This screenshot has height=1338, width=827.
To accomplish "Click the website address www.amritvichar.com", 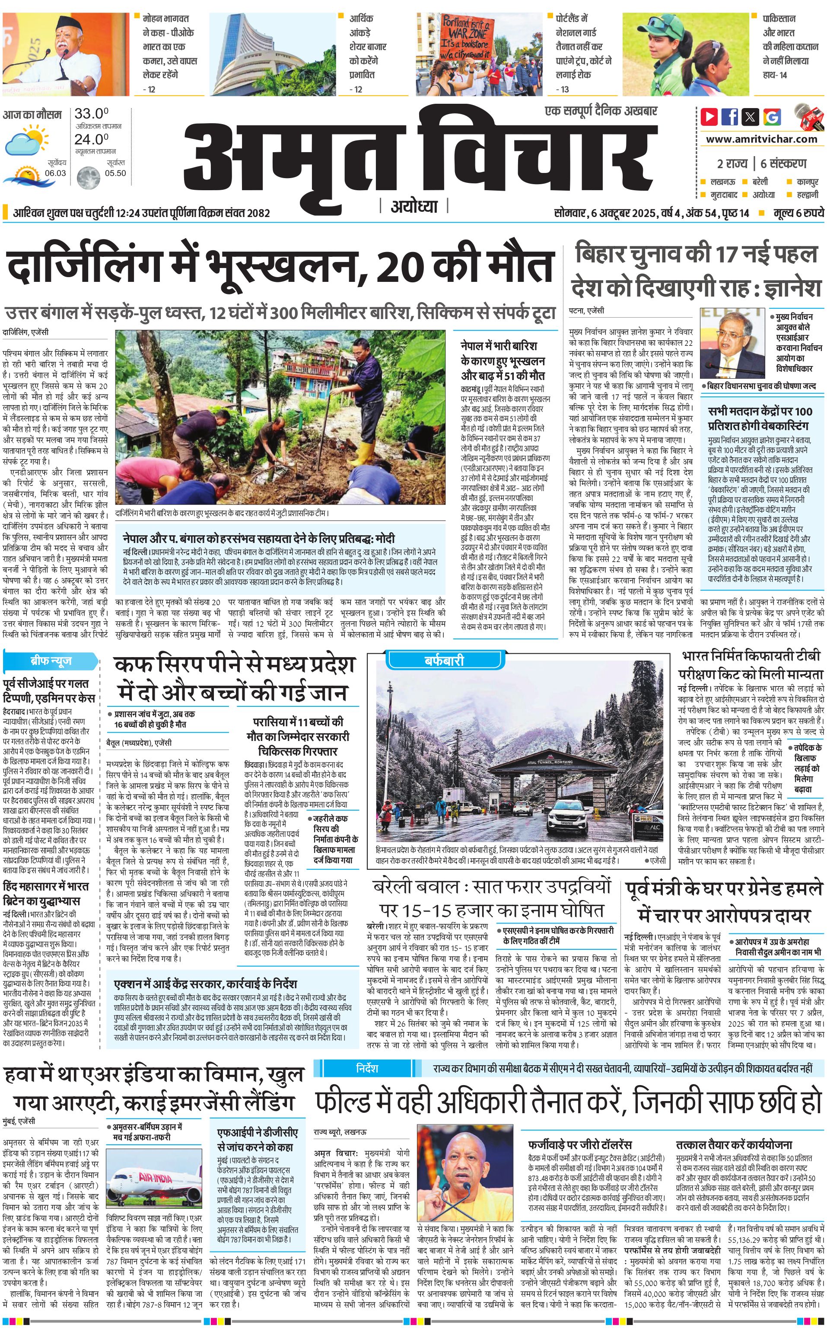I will click(x=761, y=139).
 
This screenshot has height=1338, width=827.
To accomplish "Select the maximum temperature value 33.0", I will click(x=91, y=114).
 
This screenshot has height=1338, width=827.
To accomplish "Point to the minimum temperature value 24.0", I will click(x=91, y=140).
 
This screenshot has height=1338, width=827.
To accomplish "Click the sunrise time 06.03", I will click(x=55, y=173).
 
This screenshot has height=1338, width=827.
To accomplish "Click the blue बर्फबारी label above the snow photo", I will click(x=444, y=661).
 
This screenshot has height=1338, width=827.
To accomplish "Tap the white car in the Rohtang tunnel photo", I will click(x=569, y=813).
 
